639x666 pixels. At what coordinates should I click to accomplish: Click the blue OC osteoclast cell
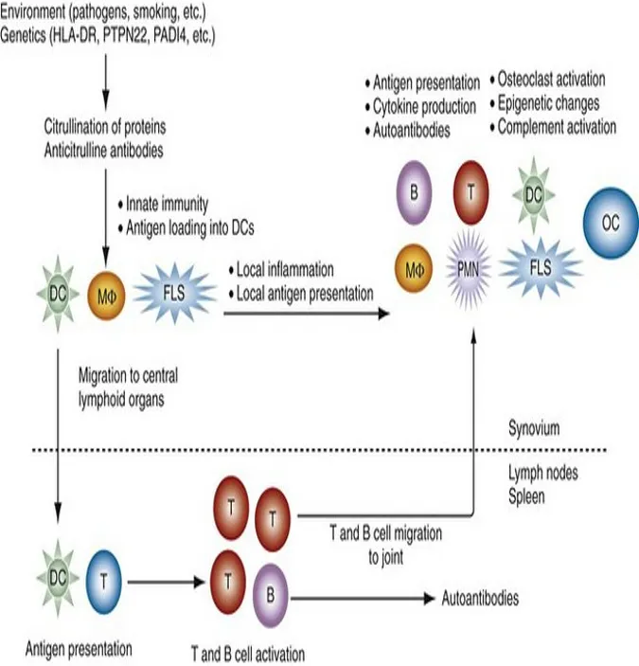[611, 223]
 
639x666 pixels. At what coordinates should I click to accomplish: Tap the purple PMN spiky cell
[469, 269]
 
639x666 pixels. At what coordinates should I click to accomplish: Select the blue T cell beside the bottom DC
[103, 582]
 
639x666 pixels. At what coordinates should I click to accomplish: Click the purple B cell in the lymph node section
[271, 596]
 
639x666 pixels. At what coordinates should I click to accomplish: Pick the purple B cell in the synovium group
[414, 192]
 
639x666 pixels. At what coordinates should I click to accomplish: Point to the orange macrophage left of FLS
[106, 296]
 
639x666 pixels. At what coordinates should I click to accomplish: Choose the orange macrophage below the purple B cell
[414, 268]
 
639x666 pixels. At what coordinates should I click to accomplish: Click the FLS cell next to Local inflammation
[174, 293]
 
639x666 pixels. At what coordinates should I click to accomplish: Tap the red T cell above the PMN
[471, 192]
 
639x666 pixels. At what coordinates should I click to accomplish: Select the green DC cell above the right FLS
[534, 195]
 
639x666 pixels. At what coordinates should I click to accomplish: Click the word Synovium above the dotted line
[534, 428]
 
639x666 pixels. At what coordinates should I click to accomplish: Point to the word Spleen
[526, 496]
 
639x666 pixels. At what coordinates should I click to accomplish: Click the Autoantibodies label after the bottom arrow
[480, 598]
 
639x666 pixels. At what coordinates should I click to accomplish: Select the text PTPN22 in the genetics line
[126, 36]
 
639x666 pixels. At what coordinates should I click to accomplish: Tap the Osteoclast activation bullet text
[547, 80]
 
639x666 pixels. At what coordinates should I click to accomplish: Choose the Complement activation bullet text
[553, 127]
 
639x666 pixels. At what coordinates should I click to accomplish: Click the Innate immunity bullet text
[163, 205]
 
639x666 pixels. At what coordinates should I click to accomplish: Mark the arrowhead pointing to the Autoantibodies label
[430, 599]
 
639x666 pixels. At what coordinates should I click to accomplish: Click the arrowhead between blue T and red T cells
[199, 582]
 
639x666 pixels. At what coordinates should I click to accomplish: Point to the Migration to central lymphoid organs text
[128, 387]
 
